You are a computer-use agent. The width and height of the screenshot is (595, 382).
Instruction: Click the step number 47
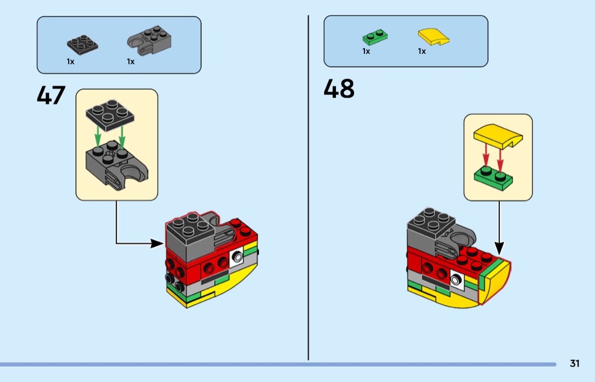51,95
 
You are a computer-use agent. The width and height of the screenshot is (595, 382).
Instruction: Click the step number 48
339,89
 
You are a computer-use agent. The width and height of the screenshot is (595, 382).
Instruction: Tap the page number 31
575,363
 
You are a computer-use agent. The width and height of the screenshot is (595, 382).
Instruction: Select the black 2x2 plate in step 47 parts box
82,45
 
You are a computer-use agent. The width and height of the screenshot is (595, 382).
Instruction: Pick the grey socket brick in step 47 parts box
149,41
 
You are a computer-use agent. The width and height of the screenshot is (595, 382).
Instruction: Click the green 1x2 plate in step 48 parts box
375,37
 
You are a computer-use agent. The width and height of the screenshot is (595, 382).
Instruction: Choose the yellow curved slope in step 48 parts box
433,37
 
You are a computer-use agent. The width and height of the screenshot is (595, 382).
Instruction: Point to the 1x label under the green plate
366,51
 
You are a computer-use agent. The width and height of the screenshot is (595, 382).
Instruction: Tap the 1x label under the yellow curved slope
422,51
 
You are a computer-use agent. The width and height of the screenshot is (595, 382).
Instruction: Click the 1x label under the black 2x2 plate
71,61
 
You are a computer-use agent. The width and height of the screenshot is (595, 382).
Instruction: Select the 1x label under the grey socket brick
130,61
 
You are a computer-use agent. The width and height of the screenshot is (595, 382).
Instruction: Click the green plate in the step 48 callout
493,178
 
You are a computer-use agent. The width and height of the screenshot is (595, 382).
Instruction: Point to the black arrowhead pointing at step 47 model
157,244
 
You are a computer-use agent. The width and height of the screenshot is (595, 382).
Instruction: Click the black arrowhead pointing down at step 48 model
499,249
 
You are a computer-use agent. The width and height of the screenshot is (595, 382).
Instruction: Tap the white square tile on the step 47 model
237,257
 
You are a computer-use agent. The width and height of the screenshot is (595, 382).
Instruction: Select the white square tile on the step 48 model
457,280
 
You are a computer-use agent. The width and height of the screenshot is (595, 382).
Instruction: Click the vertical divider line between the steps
308,188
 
